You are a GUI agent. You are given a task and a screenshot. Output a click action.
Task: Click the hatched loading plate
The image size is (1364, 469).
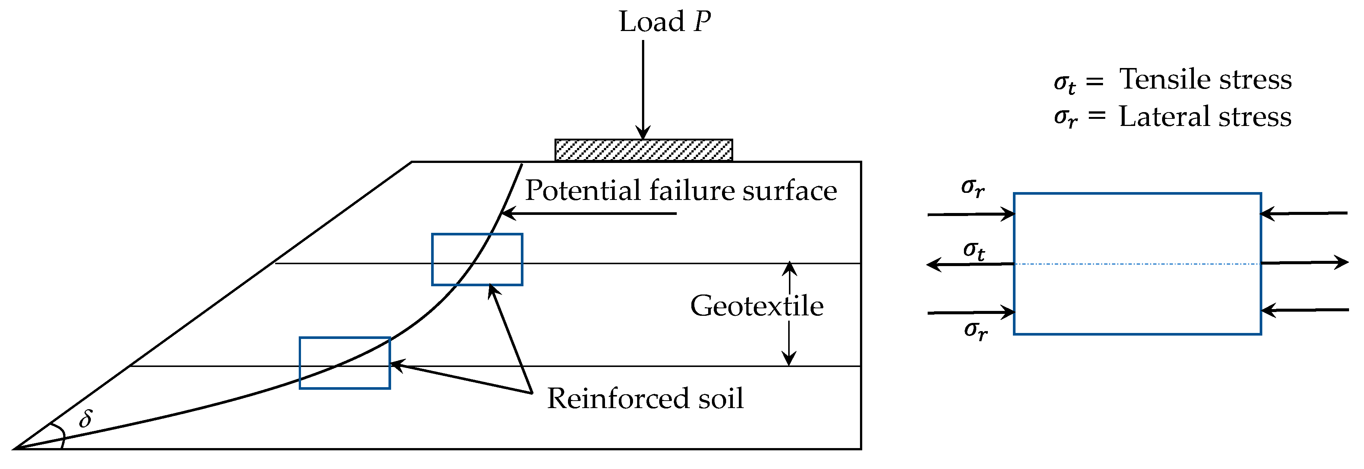click(643, 150)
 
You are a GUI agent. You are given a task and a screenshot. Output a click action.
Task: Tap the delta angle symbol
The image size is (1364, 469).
click(85, 419)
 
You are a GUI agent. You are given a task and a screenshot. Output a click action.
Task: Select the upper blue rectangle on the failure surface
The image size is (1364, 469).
click(477, 259)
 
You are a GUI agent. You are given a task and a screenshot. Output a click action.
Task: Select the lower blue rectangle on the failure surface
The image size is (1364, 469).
click(345, 363)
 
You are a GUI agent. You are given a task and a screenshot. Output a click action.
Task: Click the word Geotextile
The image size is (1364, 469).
click(757, 306)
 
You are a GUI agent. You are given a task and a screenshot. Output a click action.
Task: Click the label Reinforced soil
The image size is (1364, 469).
click(645, 398)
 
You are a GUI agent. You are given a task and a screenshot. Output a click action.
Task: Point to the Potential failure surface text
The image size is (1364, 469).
click(681, 191)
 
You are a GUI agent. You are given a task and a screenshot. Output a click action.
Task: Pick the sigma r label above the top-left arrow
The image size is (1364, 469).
click(973, 187)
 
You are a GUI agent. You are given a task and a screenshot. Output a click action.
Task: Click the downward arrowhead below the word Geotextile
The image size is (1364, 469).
click(789, 360)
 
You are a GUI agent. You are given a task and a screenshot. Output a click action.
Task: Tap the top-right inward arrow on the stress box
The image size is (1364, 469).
click(1304, 213)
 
